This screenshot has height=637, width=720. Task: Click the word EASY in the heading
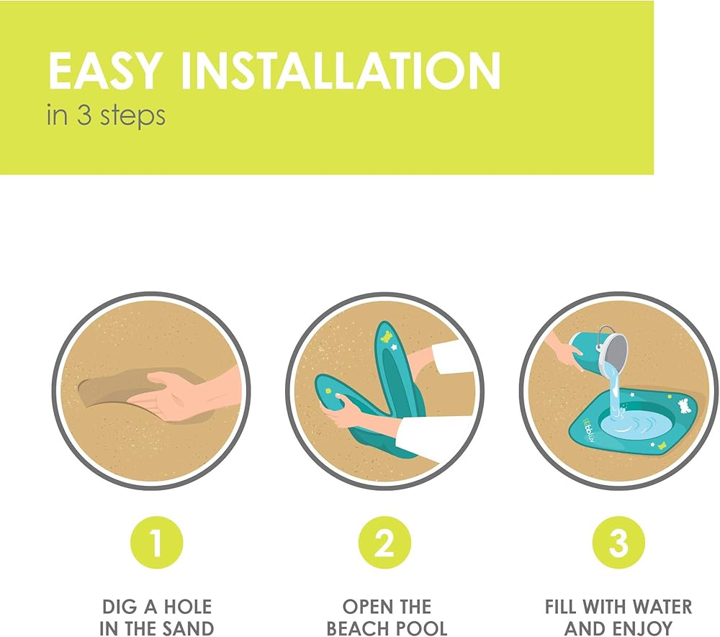pyautogui.click(x=105, y=71)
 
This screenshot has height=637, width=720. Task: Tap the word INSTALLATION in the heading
pyautogui.click(x=341, y=71)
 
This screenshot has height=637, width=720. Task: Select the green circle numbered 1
pyautogui.click(x=157, y=543)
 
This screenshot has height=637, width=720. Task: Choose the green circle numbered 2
pyautogui.click(x=384, y=543)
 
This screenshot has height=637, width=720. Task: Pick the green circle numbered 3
pyautogui.click(x=618, y=543)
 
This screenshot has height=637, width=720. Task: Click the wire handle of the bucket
pyautogui.click(x=606, y=335)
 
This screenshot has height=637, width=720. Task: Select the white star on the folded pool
pyautogui.click(x=395, y=347)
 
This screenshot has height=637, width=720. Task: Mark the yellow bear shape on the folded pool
pyautogui.click(x=387, y=336)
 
